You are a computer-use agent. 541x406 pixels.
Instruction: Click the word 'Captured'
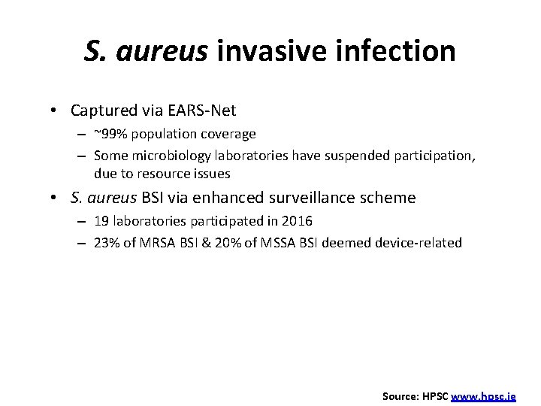point(101,111)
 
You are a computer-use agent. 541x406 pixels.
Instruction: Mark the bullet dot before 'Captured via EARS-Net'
point(58,111)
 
